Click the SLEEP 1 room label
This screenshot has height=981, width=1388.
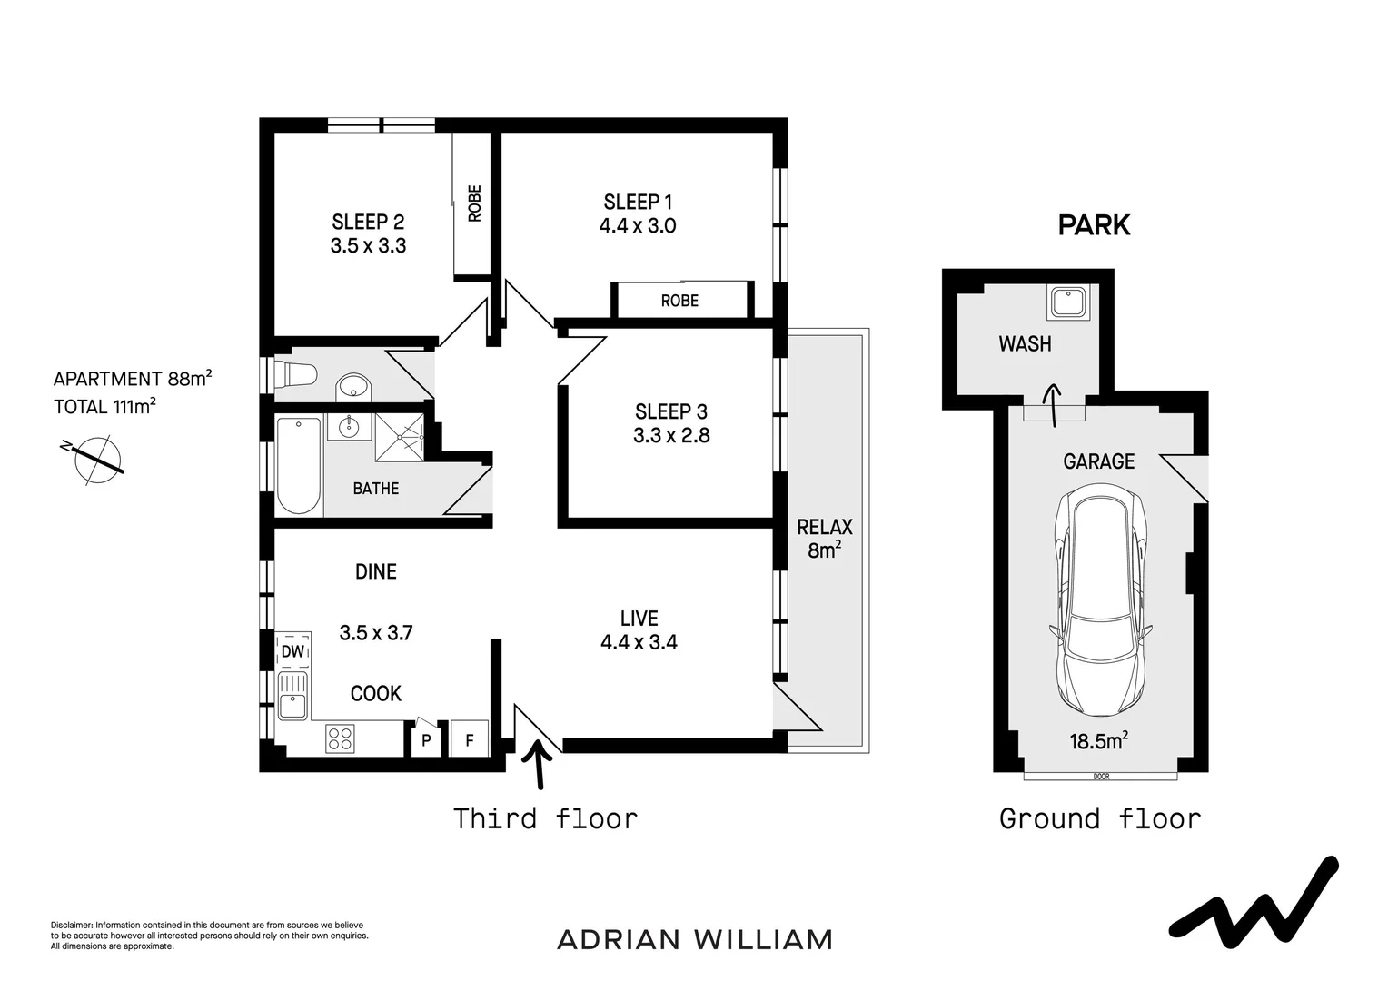pyautogui.click(x=638, y=202)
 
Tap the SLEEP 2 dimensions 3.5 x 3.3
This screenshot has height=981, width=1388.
pyautogui.click(x=368, y=245)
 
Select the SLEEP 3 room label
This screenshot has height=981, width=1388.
pyautogui.click(x=671, y=411)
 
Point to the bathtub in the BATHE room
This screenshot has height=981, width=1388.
pyautogui.click(x=299, y=465)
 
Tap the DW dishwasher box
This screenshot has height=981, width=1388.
pyautogui.click(x=292, y=652)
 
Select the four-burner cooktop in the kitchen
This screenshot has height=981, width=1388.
pyautogui.click(x=340, y=738)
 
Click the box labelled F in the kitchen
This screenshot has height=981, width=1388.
pyautogui.click(x=470, y=739)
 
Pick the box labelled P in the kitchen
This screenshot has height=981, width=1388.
pyautogui.click(x=426, y=740)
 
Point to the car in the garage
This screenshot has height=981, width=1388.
pyautogui.click(x=1100, y=599)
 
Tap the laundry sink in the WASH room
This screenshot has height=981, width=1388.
pyautogui.click(x=1069, y=302)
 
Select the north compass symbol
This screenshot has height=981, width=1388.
pyautogui.click(x=95, y=456)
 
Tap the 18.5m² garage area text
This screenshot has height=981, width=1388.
pyautogui.click(x=1098, y=741)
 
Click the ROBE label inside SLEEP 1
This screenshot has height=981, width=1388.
pyautogui.click(x=679, y=301)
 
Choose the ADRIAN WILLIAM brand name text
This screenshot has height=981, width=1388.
pyautogui.click(x=695, y=939)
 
